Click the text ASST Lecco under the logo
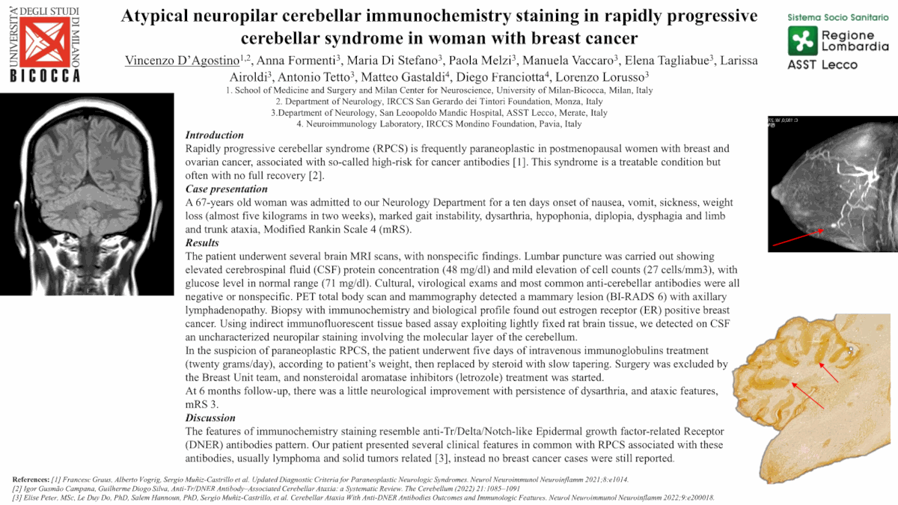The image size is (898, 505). (x=822, y=64)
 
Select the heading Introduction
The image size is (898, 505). (x=214, y=135)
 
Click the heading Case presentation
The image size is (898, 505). (x=226, y=189)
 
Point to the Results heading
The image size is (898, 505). (x=202, y=243)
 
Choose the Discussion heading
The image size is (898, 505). (x=210, y=418)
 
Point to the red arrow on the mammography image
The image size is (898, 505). (x=798, y=237)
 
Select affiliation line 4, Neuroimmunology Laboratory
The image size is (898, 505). (x=439, y=124)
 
